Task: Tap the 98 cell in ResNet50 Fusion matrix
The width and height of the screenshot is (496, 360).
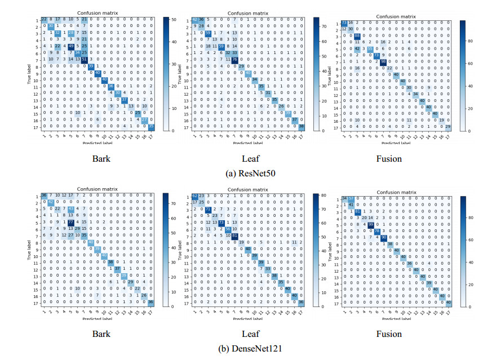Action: (x=384, y=61)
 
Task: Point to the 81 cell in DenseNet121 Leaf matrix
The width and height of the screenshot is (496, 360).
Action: (x=234, y=235)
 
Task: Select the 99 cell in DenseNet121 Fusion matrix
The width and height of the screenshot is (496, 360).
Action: (x=370, y=224)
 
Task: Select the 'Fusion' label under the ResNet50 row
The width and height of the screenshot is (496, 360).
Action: (x=389, y=159)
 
